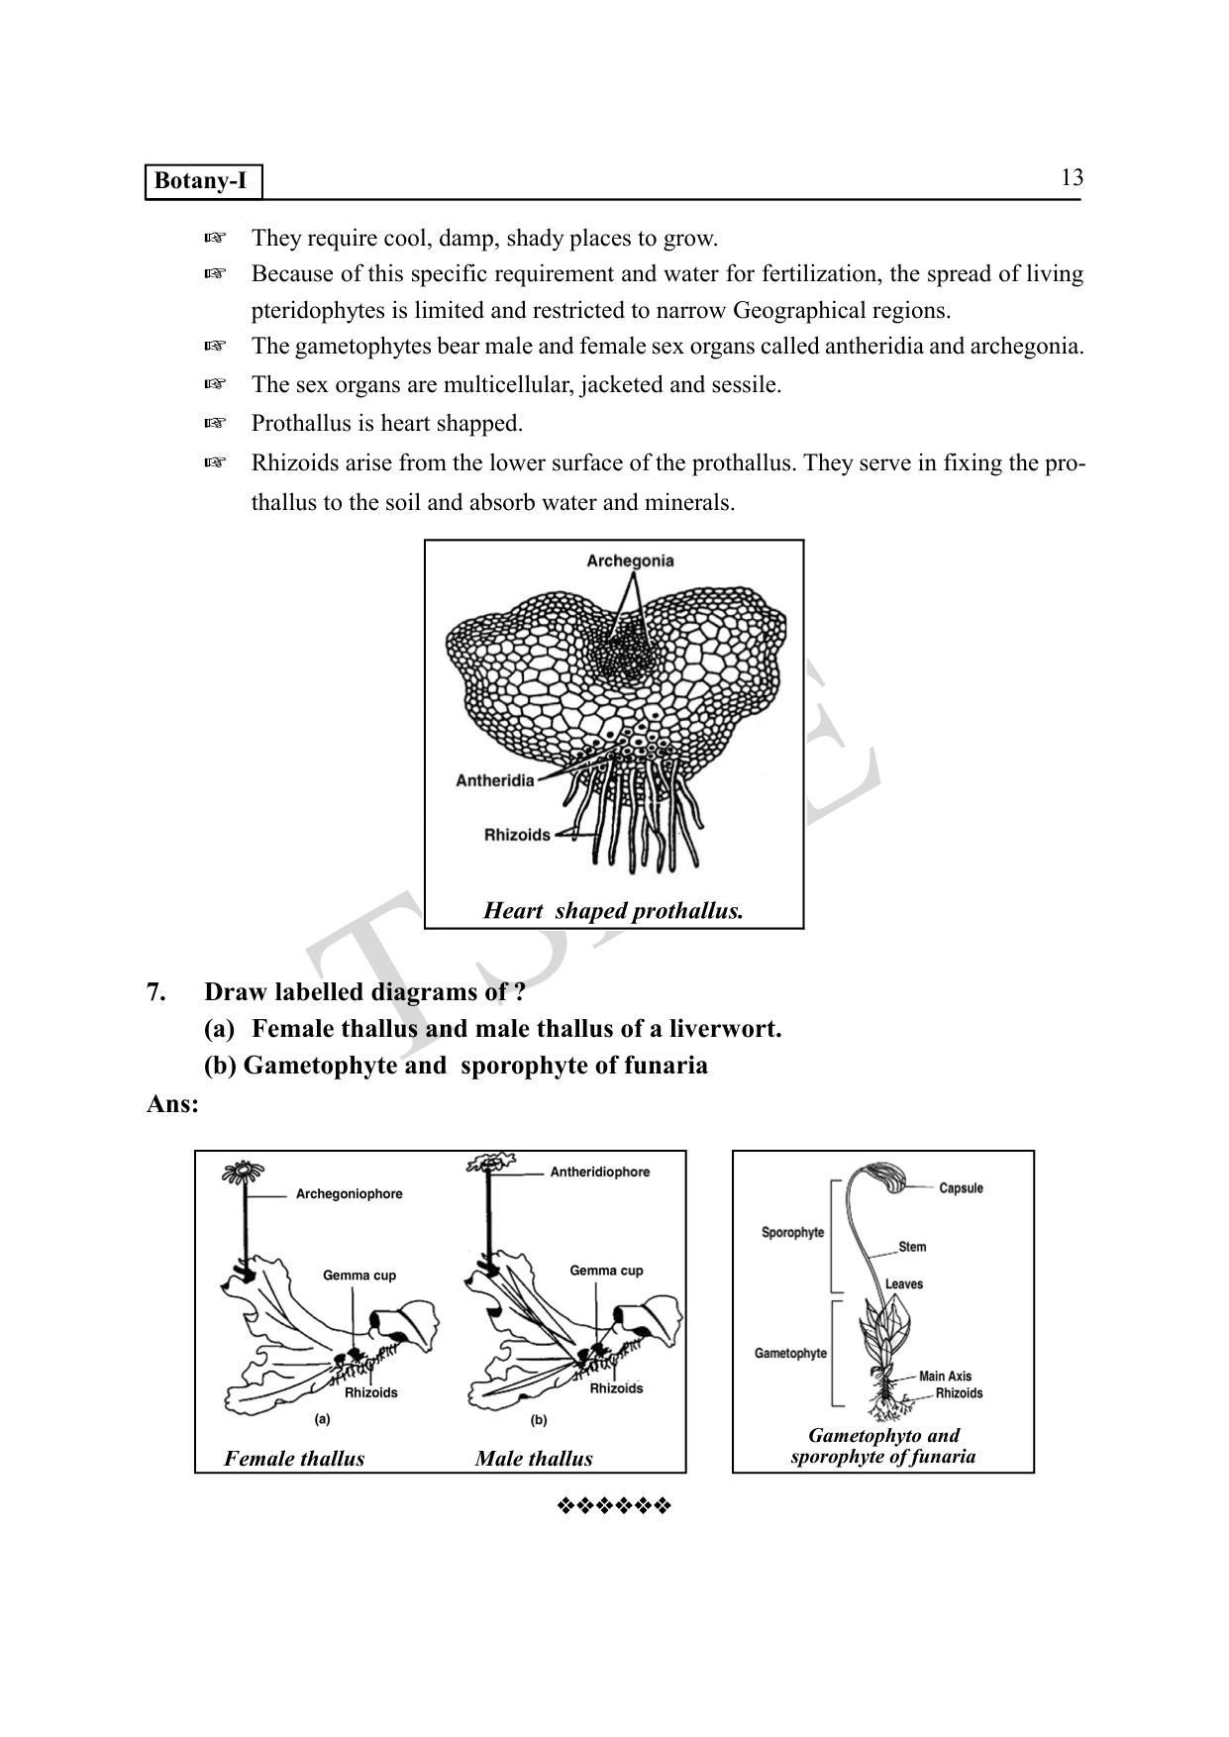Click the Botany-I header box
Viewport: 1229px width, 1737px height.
pos(204,182)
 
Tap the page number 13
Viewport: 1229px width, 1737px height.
pos(1072,178)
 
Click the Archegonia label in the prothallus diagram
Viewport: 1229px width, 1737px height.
pos(630,562)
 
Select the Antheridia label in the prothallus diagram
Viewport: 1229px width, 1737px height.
pos(494,780)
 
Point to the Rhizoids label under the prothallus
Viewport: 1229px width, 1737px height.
pos(517,835)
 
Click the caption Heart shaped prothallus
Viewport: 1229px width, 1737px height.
pos(613,911)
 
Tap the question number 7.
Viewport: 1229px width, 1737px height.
pos(156,991)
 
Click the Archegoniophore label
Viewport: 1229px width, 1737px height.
pos(349,1194)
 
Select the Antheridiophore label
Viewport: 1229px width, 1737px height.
pos(599,1173)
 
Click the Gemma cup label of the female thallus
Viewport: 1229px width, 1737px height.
pos(358,1276)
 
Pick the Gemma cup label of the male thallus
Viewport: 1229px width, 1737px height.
pos(606,1271)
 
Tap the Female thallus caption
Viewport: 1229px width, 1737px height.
pos(294,1458)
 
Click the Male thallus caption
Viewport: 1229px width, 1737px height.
pos(534,1458)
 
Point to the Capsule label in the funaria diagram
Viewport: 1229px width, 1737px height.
pos(961,1188)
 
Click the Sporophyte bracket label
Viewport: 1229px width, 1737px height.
pos(792,1233)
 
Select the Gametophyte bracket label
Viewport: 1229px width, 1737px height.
pos(790,1354)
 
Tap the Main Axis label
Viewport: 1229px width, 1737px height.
pos(945,1377)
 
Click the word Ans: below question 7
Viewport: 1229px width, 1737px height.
pos(172,1104)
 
